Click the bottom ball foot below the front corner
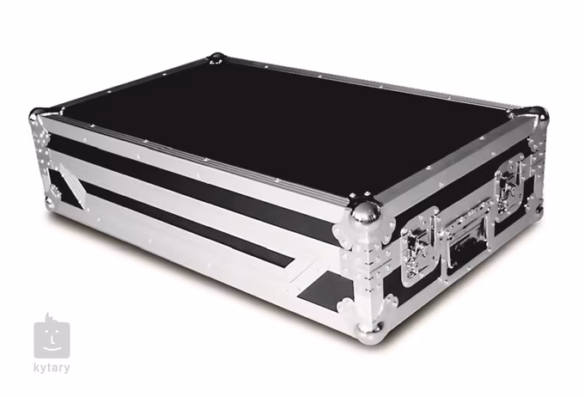(372, 327)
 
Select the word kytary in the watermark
(53, 368)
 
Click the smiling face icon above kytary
(52, 336)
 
